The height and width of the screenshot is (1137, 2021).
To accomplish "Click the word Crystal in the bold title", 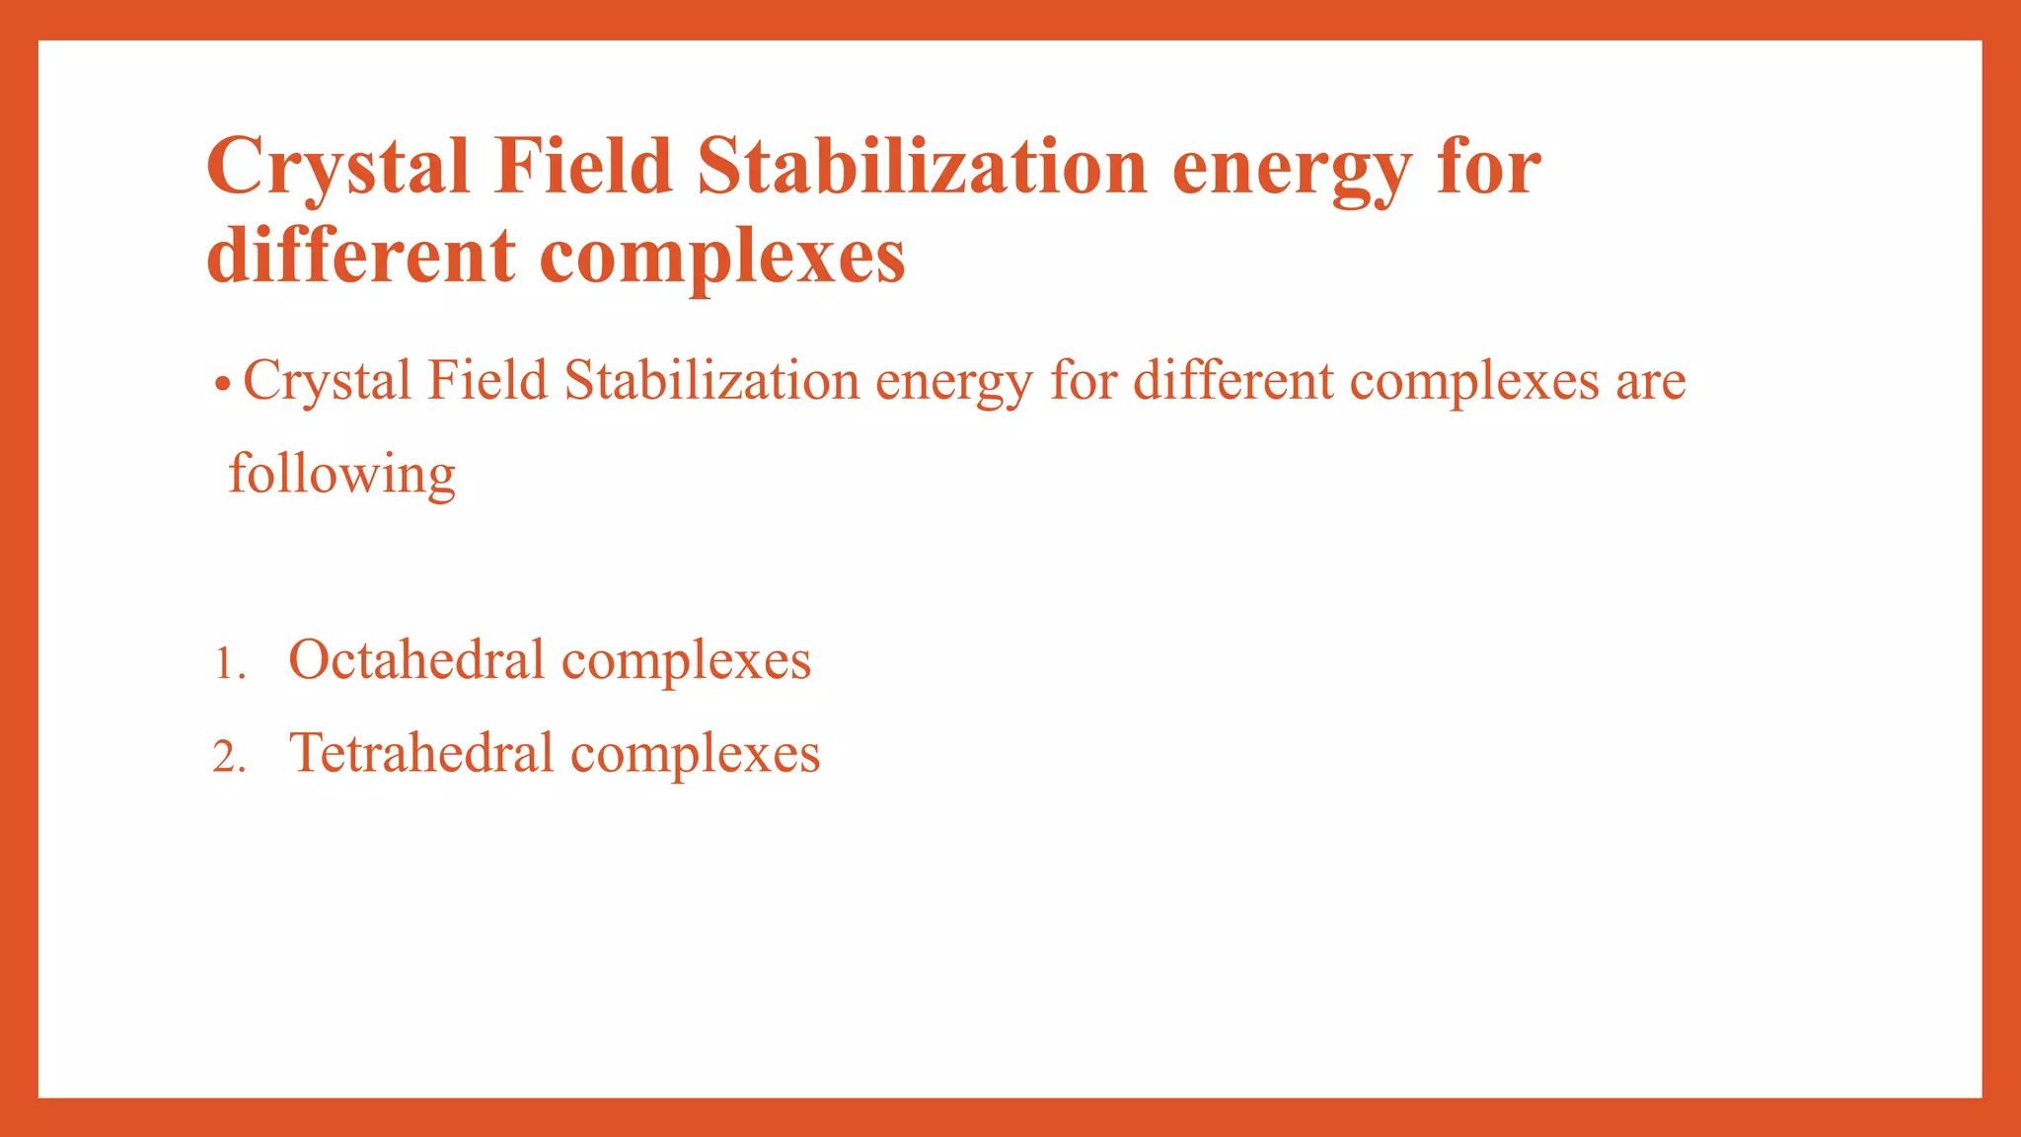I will (337, 166).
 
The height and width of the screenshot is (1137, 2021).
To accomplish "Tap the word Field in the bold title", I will (583, 166).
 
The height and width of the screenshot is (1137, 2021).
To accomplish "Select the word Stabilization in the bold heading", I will (922, 166).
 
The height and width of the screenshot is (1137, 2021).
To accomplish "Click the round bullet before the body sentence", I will (223, 383).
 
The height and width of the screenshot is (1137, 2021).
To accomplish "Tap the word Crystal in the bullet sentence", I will (327, 381).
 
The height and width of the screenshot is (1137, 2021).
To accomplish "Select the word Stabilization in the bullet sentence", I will (711, 381).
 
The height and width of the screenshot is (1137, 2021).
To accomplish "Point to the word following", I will (341, 475).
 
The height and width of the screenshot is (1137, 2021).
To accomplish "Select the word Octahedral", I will (415, 659).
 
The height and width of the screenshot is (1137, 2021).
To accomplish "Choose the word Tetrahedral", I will (420, 753).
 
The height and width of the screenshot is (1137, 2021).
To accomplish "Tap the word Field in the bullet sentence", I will (487, 381).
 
